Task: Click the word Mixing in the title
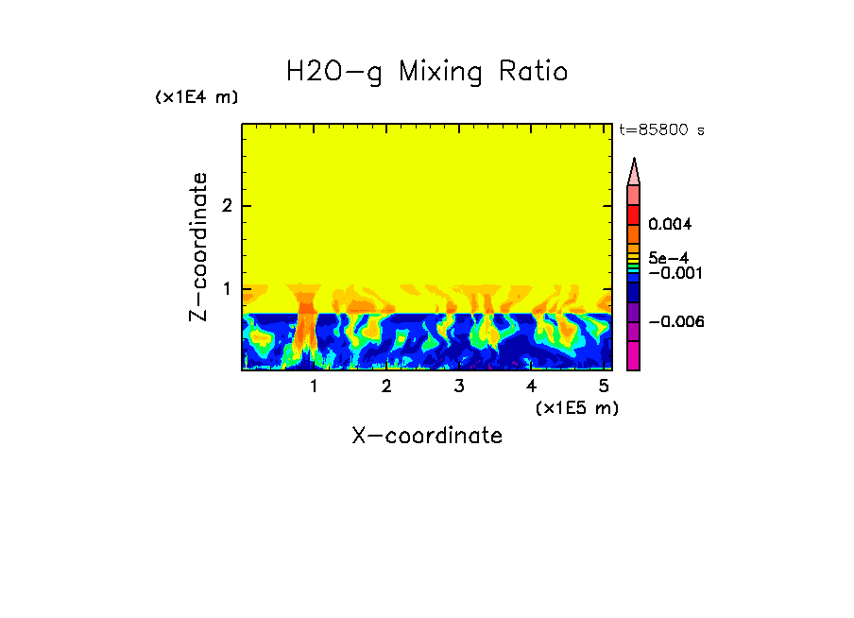[444, 72]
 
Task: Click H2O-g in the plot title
[334, 72]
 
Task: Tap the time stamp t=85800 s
[661, 130]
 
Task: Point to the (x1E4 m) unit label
[196, 97]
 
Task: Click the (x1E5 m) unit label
[576, 407]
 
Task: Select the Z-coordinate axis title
[198, 247]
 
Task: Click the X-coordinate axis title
[427, 436]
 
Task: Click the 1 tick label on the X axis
[314, 386]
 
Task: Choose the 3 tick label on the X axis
[458, 386]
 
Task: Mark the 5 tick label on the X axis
[604, 386]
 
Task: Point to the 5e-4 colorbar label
[668, 257]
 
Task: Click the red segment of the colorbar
[634, 213]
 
